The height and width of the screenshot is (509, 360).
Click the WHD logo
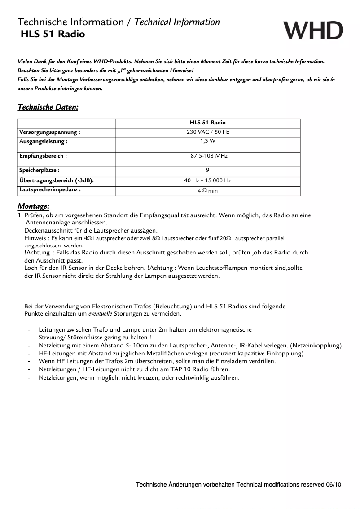tap(313, 30)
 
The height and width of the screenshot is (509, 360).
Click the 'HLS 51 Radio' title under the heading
tap(53, 34)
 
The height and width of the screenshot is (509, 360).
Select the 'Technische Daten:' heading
tap(48, 107)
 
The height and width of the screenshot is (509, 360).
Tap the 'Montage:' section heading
tap(33, 206)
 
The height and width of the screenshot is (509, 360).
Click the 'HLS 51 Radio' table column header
tap(207, 123)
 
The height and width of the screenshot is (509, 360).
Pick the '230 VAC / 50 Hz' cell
tap(207, 132)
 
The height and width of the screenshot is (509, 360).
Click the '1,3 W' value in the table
tap(207, 141)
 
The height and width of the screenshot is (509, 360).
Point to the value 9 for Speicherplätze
tap(207, 170)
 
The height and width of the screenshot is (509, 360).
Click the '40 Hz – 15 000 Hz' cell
tap(207, 180)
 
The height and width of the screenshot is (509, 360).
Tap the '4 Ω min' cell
tap(207, 191)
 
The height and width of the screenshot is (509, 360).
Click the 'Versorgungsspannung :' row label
tap(49, 132)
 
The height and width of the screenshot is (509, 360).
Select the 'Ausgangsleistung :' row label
tap(43, 141)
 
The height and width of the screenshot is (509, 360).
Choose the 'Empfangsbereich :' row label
tap(43, 156)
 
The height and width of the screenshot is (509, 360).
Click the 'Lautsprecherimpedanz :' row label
tap(49, 189)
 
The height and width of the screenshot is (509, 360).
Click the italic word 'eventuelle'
tap(100, 314)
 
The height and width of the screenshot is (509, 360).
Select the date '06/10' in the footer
tap(333, 485)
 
